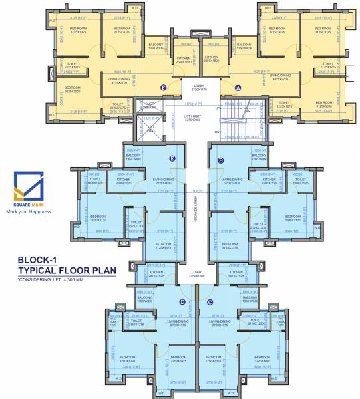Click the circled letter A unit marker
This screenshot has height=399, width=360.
[x=238, y=87]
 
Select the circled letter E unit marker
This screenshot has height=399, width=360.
[x=172, y=158]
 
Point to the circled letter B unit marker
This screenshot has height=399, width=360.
[x=220, y=158]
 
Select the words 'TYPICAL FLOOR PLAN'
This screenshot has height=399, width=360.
[x=67, y=271]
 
